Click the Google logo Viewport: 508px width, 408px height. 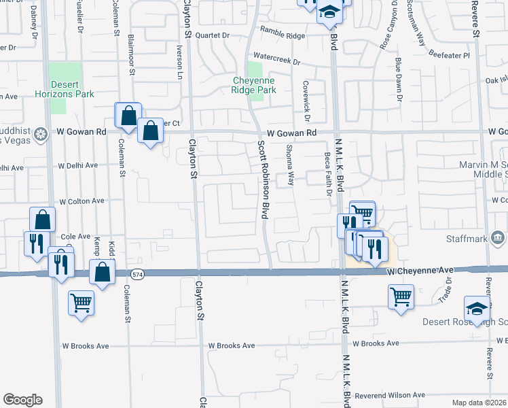tap(22, 400)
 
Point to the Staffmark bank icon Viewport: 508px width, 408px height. tap(497, 238)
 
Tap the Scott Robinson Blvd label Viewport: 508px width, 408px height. tap(261, 180)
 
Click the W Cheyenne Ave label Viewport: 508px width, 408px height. tap(420, 271)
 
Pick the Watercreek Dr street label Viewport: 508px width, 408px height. tap(276, 60)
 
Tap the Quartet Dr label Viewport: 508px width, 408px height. tap(212, 35)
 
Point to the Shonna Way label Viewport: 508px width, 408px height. tap(290, 165)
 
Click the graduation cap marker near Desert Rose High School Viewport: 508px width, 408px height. tap(477, 307)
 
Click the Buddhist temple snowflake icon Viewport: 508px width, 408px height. tap(41, 133)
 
